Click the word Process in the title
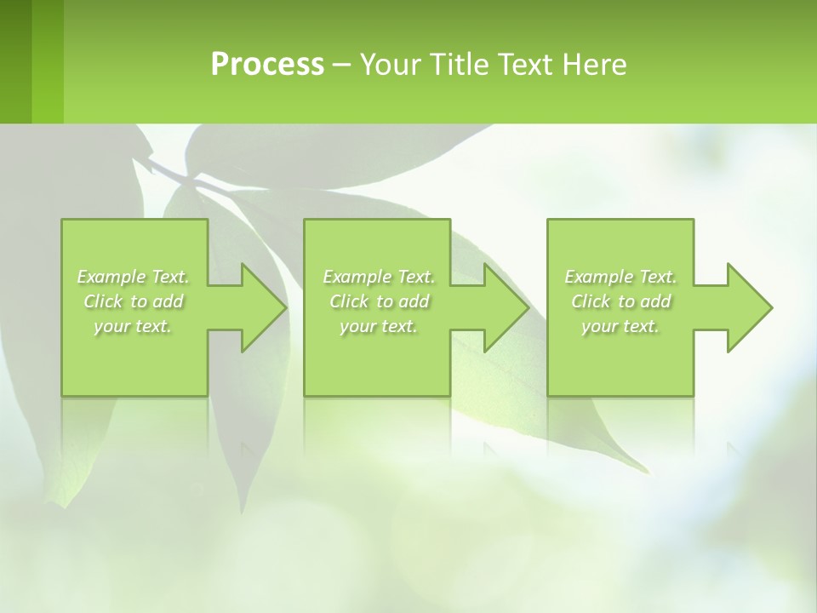[267, 65]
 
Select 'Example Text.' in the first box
[134, 277]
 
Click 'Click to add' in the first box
[134, 301]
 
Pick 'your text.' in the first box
[134, 326]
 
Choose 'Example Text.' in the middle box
[379, 277]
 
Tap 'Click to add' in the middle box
[379, 301]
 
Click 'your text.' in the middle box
[379, 326]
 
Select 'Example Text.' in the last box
[620, 277]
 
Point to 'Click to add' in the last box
[620, 301]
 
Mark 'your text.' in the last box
[620, 326]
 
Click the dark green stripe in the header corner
[15, 61]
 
